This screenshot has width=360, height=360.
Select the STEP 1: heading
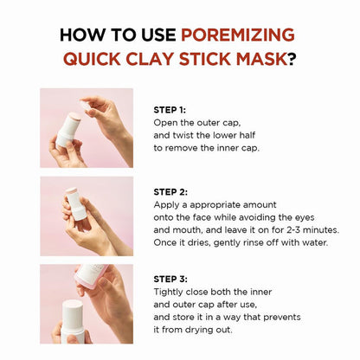point(170,110)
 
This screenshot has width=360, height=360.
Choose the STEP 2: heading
point(170,191)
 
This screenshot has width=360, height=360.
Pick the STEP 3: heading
point(170,280)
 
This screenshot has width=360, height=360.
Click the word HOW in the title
point(81,35)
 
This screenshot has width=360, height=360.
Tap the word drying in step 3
point(215,331)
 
